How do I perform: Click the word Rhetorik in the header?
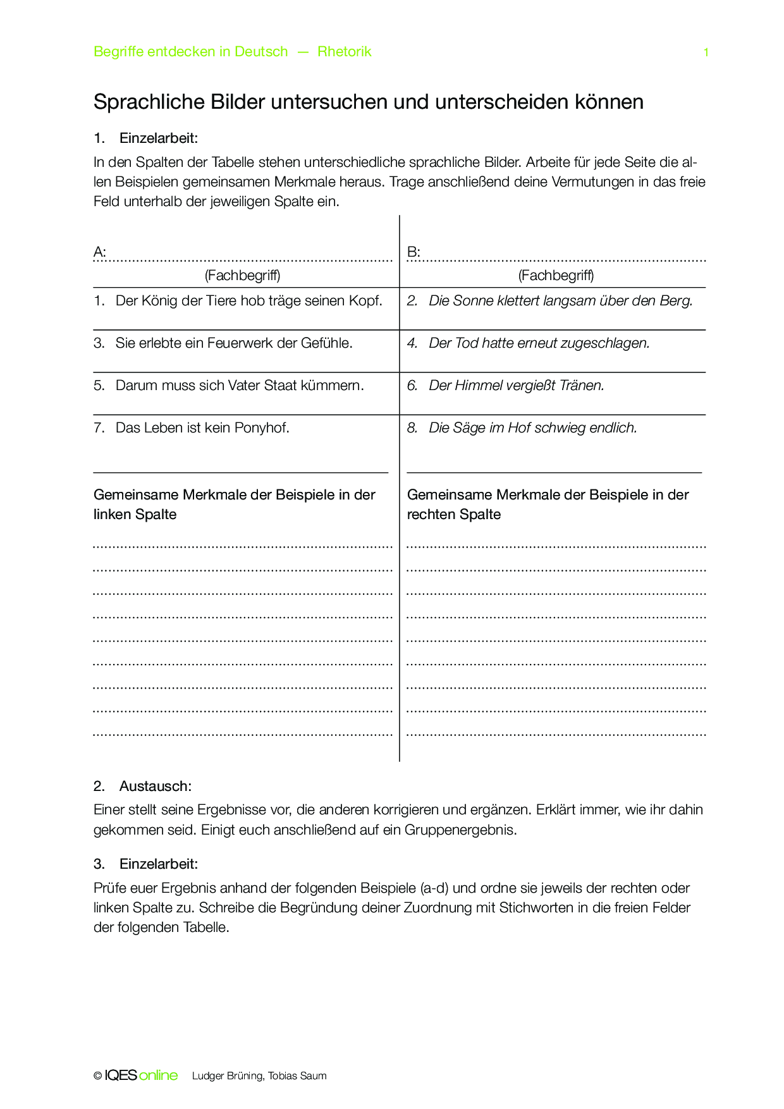pyautogui.click(x=344, y=52)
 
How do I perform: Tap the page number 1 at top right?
pyautogui.click(x=706, y=52)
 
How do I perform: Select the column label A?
pyautogui.click(x=99, y=252)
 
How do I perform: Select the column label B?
pyautogui.click(x=413, y=252)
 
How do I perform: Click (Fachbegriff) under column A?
pyautogui.click(x=243, y=275)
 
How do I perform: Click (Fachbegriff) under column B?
pyautogui.click(x=556, y=275)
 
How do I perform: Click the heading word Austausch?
pyautogui.click(x=155, y=787)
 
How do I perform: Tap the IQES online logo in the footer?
pyautogui.click(x=141, y=1075)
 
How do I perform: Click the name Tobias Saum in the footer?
pyautogui.click(x=297, y=1076)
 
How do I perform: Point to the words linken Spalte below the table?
pyautogui.click(x=135, y=515)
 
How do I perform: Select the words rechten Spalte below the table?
pyautogui.click(x=453, y=515)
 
